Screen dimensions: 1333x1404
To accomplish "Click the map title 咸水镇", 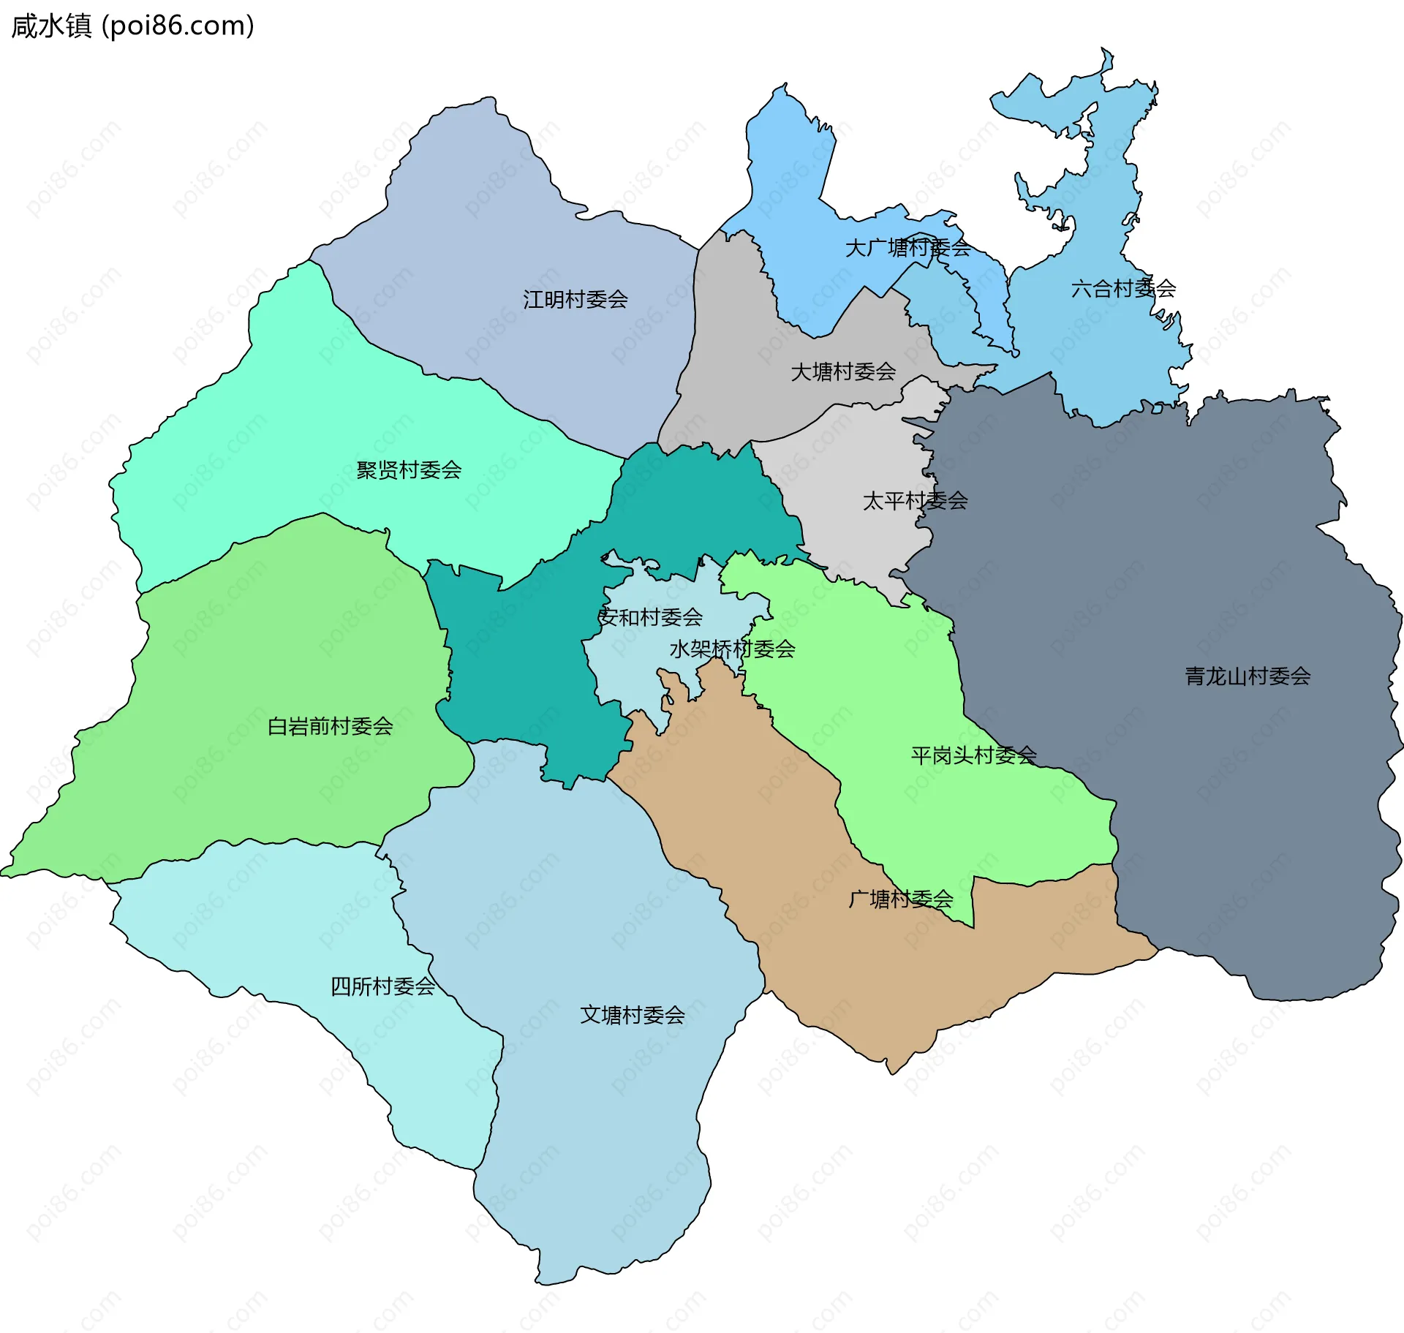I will click(51, 26).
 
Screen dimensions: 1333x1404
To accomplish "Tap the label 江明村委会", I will click(575, 300).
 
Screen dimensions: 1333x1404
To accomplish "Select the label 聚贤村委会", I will click(409, 470).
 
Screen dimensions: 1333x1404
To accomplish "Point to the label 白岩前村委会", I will click(330, 727).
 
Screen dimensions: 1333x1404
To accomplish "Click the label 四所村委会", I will click(382, 987).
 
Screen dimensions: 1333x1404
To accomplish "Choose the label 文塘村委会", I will click(632, 1016).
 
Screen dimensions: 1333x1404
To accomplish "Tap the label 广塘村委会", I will click(900, 899).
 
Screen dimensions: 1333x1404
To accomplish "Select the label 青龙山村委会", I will click(1247, 676).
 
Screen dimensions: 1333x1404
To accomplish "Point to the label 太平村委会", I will click(915, 502).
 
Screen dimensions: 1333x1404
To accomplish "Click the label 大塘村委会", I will click(843, 372).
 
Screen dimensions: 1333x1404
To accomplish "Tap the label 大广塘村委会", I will click(907, 249).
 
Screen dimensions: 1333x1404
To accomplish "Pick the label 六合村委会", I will click(1122, 290).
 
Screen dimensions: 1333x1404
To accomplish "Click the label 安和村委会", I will click(650, 618).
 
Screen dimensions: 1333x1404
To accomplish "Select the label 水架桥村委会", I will click(732, 649).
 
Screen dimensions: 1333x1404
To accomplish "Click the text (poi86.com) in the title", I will click(178, 26).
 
